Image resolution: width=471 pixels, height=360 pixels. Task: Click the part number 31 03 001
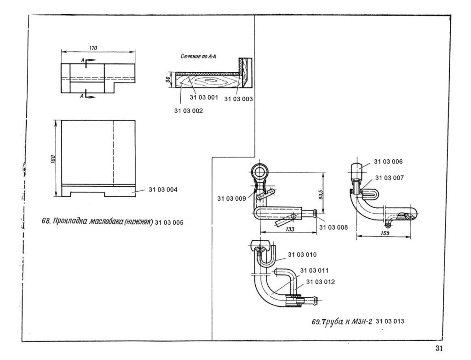(x=204, y=98)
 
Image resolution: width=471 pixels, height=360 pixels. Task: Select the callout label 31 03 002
(x=189, y=110)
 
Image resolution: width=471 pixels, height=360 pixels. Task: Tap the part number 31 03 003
(x=239, y=99)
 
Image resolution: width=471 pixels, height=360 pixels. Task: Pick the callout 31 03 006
(x=388, y=162)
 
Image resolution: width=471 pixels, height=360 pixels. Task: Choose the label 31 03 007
(x=389, y=178)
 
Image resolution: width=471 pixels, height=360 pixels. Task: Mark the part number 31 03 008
(x=333, y=227)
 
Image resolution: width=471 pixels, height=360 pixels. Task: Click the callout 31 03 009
(x=232, y=199)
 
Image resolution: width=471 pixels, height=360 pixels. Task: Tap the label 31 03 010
(x=303, y=255)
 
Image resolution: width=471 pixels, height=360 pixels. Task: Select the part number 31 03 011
(x=315, y=271)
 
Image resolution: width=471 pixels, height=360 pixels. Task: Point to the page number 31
(x=438, y=348)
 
